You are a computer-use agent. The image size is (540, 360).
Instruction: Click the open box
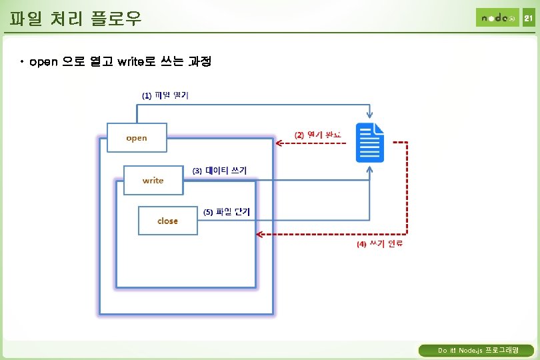[137, 138]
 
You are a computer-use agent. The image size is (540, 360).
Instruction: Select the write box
[153, 180]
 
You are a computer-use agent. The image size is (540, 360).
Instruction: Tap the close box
[167, 221]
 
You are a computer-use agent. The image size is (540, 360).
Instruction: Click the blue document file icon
[371, 142]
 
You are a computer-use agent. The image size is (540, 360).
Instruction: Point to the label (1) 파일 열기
[165, 95]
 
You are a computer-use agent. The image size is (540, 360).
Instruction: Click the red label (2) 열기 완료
[317, 135]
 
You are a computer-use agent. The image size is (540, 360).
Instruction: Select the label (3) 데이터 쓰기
[219, 171]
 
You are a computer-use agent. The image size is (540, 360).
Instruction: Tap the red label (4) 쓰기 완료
[379, 244]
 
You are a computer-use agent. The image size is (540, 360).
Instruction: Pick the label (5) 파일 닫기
[227, 212]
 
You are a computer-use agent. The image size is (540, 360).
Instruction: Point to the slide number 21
[528, 19]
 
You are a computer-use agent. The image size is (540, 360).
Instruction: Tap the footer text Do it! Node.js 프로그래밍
[477, 351]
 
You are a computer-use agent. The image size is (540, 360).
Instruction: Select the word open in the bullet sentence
[45, 63]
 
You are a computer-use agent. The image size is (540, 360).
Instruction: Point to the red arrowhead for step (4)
[261, 234]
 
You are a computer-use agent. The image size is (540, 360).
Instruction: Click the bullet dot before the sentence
[22, 63]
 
